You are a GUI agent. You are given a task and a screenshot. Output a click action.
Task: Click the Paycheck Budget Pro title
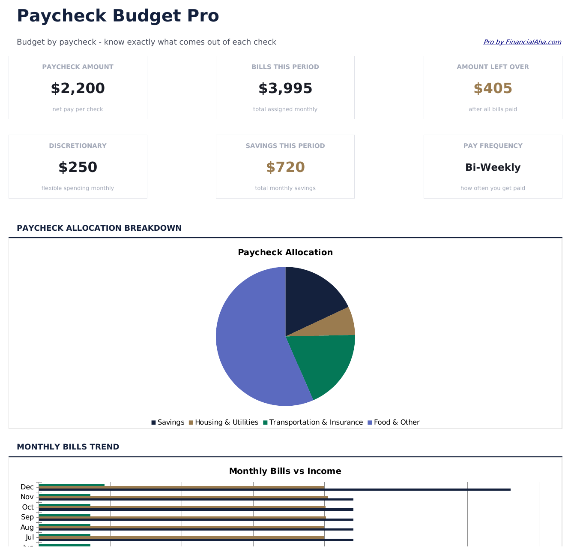pos(118,16)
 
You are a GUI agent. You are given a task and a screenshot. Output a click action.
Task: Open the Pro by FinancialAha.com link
pos(522,42)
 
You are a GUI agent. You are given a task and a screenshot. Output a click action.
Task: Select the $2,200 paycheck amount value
pos(78,88)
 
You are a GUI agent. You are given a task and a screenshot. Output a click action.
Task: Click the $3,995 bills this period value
pos(285,88)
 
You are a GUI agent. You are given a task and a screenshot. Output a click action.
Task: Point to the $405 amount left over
pos(493,88)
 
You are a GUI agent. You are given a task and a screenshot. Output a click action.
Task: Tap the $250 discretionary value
pos(78,167)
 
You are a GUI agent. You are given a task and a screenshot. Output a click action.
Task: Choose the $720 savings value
pos(285,167)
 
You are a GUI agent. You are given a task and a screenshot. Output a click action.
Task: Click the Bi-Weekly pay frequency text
pos(493,167)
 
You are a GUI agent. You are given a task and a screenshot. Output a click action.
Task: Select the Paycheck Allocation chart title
pos(285,252)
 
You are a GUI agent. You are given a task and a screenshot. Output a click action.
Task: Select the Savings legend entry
pos(168,422)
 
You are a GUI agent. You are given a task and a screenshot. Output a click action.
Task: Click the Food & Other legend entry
pos(394,422)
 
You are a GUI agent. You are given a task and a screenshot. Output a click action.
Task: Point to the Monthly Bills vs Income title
pos(285,471)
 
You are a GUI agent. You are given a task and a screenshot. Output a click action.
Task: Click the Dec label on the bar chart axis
pos(27,487)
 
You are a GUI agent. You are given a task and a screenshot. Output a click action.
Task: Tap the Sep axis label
pos(27,517)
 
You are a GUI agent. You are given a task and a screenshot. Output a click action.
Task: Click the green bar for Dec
pos(72,485)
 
